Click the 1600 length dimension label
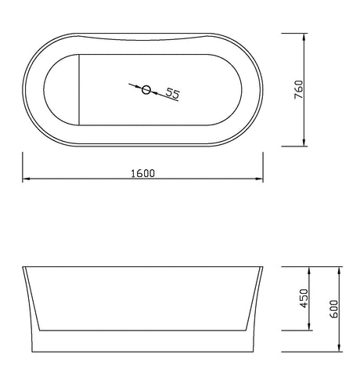point(142,173)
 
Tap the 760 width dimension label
point(298,89)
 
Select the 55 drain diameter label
point(173,93)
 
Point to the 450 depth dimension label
point(304,298)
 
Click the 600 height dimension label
point(333,309)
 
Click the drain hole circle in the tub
point(146,89)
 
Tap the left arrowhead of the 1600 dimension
point(26,179)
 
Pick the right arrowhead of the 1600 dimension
point(259,179)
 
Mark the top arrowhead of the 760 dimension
point(304,37)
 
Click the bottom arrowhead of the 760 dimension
point(304,143)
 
